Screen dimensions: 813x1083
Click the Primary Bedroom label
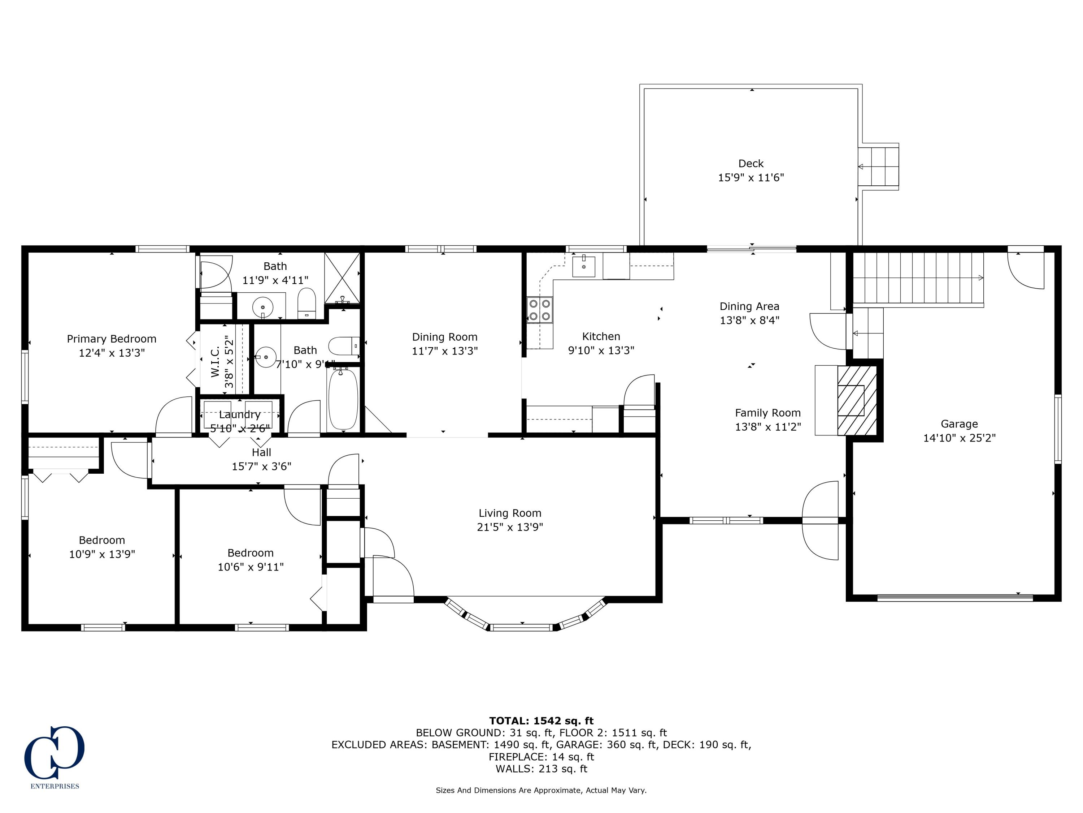(112, 339)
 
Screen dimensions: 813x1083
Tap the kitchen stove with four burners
(540, 310)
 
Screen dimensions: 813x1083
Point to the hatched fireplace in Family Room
(857, 400)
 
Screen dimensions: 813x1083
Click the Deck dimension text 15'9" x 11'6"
(751, 177)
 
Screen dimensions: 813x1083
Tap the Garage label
(959, 424)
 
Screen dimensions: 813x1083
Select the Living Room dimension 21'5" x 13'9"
(510, 527)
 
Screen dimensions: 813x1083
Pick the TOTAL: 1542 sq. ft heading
(541, 721)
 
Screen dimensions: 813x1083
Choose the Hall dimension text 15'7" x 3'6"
(261, 466)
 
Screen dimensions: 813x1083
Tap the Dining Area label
(749, 306)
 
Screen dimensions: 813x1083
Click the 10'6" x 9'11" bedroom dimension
(250, 567)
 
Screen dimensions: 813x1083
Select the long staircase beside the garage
(918, 278)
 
